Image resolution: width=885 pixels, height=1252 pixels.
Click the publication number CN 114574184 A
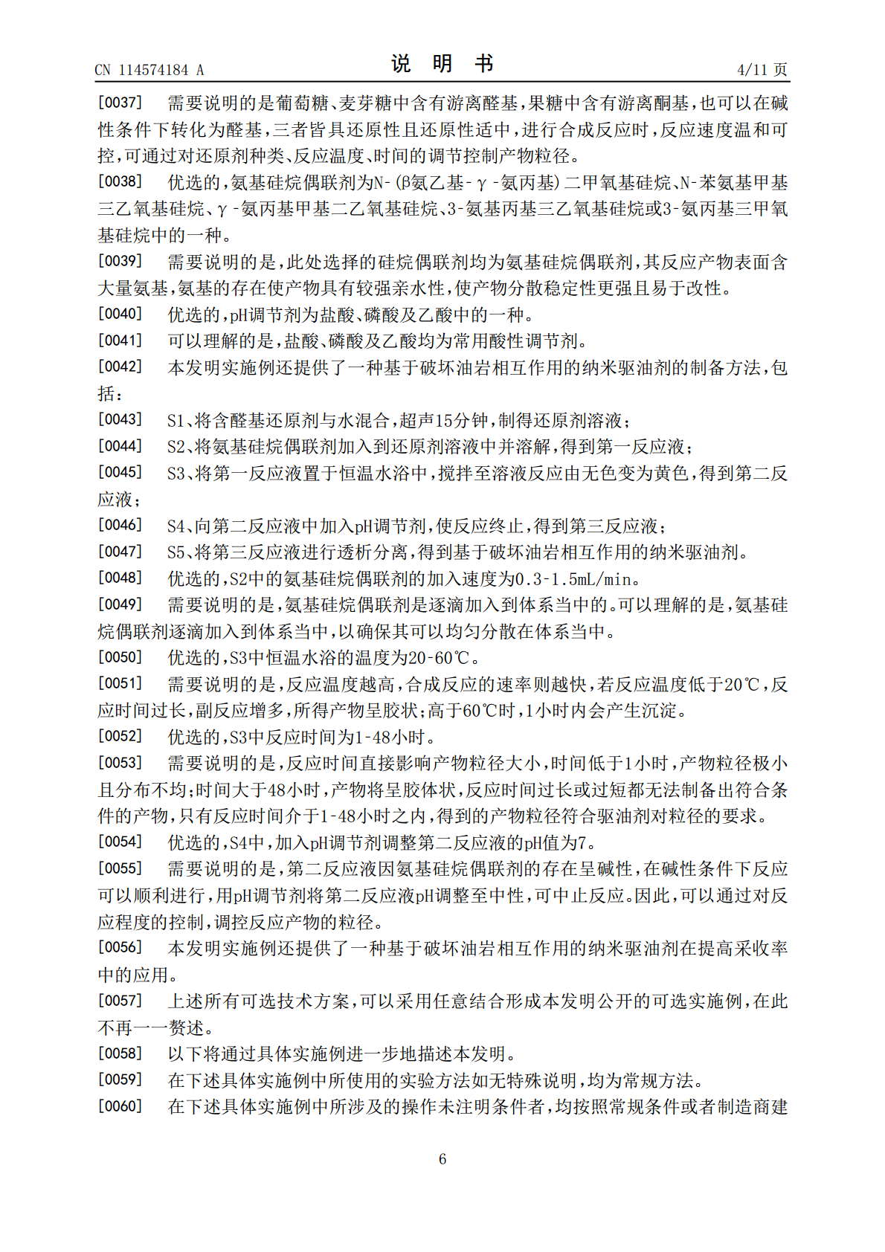point(149,70)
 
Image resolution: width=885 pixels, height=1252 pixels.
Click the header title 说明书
point(442,64)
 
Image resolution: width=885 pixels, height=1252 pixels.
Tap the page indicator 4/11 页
point(762,70)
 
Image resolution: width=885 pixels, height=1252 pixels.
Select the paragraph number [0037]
point(120,103)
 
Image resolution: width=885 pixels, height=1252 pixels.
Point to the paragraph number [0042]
point(120,367)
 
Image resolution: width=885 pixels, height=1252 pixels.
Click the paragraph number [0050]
point(120,657)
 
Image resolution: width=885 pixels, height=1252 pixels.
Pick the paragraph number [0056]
point(120,947)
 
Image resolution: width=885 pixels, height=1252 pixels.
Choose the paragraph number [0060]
point(120,1106)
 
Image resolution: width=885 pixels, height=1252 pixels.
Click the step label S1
point(176,421)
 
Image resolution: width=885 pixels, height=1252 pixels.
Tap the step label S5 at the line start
point(176,552)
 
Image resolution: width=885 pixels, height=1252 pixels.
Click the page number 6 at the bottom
point(442,1159)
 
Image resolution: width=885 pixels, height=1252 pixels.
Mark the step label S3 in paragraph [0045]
point(176,474)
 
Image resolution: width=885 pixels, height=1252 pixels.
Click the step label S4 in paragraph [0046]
point(176,526)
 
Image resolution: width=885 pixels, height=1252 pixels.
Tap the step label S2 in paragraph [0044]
point(176,447)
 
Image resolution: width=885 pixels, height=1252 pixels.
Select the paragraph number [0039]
point(120,261)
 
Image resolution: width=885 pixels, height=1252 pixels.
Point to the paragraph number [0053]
point(120,763)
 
